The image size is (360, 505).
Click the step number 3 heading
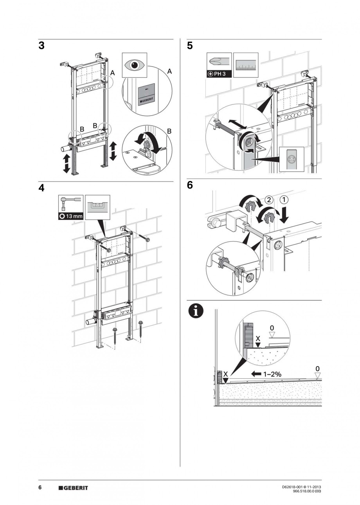point(41,46)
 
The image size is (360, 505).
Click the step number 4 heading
point(41,188)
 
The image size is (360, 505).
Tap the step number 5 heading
point(190,46)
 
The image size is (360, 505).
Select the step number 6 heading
point(190,185)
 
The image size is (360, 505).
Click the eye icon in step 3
point(134,65)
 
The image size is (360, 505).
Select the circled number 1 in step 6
point(284,199)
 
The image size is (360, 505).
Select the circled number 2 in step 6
point(269,199)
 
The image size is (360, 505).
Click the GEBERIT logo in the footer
point(73,488)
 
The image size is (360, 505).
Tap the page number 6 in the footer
point(40,487)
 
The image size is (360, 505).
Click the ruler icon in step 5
point(246,66)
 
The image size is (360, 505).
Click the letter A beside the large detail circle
point(169,71)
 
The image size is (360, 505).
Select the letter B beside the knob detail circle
point(169,132)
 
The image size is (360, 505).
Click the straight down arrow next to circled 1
point(284,214)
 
